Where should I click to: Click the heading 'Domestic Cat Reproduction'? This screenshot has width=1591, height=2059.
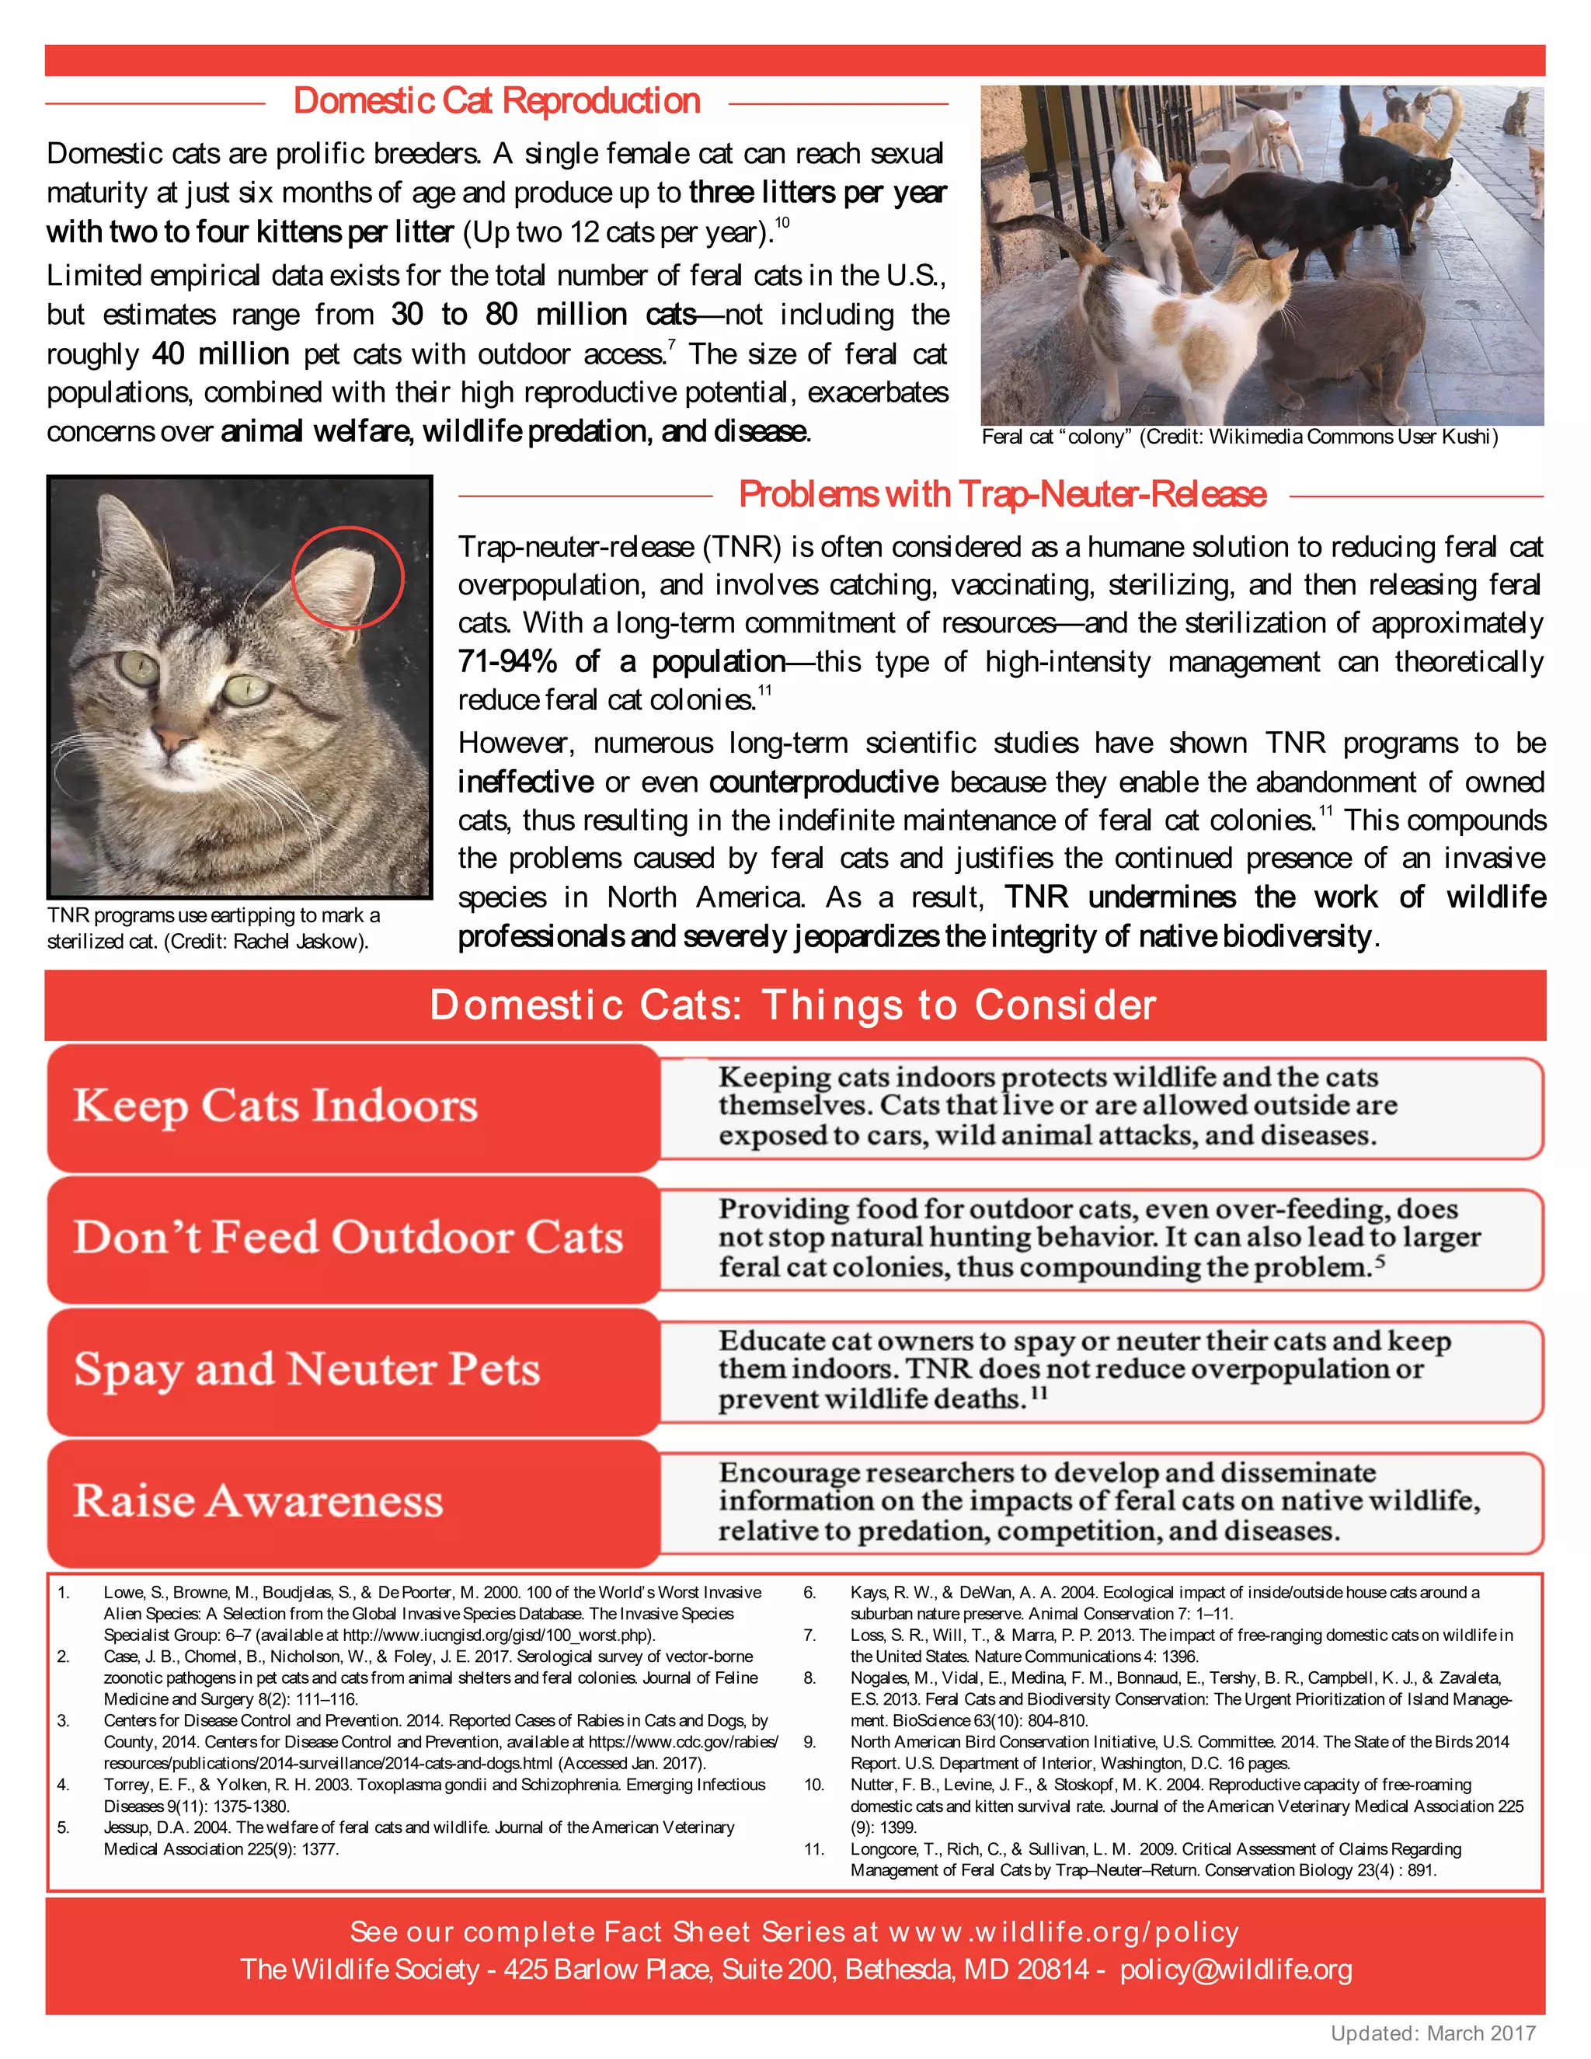pos(496,101)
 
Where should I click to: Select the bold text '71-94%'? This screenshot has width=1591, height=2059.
pos(507,662)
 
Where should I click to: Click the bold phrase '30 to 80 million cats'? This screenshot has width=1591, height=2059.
pos(543,314)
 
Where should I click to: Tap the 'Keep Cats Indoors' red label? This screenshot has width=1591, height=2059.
pos(275,1105)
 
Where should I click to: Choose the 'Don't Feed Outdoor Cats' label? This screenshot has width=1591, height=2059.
pos(349,1237)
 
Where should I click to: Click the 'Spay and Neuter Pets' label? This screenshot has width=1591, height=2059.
pos(308,1369)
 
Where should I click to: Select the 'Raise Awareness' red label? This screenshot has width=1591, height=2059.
pos(258,1501)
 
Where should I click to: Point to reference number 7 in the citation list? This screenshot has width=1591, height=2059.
pos(809,1635)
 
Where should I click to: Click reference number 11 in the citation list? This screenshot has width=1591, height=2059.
pos(813,1848)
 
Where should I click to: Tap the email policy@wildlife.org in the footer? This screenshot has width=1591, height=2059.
pos(1236,1970)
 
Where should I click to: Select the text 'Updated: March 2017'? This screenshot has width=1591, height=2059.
pos(1433,2033)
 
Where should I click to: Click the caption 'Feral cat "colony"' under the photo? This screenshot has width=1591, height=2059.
pos(1053,437)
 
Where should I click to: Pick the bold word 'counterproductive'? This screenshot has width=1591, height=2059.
pos(823,782)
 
